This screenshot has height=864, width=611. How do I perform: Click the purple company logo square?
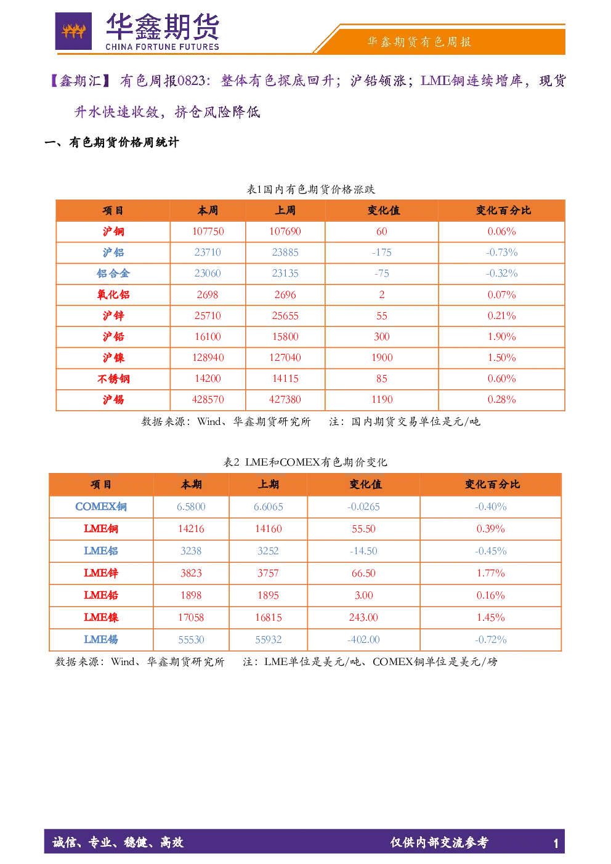pyautogui.click(x=73, y=31)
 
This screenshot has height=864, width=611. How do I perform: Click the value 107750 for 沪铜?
pyautogui.click(x=208, y=232)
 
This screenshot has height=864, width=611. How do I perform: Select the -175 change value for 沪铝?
pyautogui.click(x=381, y=252)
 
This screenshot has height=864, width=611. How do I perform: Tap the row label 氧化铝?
pyautogui.click(x=113, y=295)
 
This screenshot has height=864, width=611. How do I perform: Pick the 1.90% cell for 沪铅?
pyautogui.click(x=501, y=337)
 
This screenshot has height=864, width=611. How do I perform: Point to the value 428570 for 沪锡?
pyautogui.click(x=208, y=400)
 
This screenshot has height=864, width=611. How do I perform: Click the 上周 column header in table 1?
pyautogui.click(x=285, y=210)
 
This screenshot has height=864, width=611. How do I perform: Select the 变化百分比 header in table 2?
pyautogui.click(x=492, y=484)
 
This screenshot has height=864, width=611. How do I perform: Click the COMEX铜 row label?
pyautogui.click(x=100, y=506)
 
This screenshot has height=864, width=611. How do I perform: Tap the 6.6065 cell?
pyautogui.click(x=268, y=506)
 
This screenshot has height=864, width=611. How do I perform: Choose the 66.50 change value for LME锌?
pyautogui.click(x=363, y=573)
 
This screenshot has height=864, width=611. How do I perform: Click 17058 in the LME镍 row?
pyautogui.click(x=191, y=618)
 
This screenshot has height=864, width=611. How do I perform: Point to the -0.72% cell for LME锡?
pyautogui.click(x=491, y=639)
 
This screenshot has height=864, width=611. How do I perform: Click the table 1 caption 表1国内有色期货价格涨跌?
pyautogui.click(x=310, y=190)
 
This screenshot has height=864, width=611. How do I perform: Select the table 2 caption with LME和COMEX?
pyautogui.click(x=305, y=462)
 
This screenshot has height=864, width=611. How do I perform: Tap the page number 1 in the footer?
pyautogui.click(x=556, y=844)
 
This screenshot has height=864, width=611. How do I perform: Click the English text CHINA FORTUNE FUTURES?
pyautogui.click(x=162, y=47)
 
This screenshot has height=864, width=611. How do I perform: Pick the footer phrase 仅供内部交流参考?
pyautogui.click(x=439, y=842)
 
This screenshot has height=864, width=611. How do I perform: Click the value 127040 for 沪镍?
pyautogui.click(x=285, y=358)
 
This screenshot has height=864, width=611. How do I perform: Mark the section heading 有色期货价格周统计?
pyautogui.click(x=124, y=142)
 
